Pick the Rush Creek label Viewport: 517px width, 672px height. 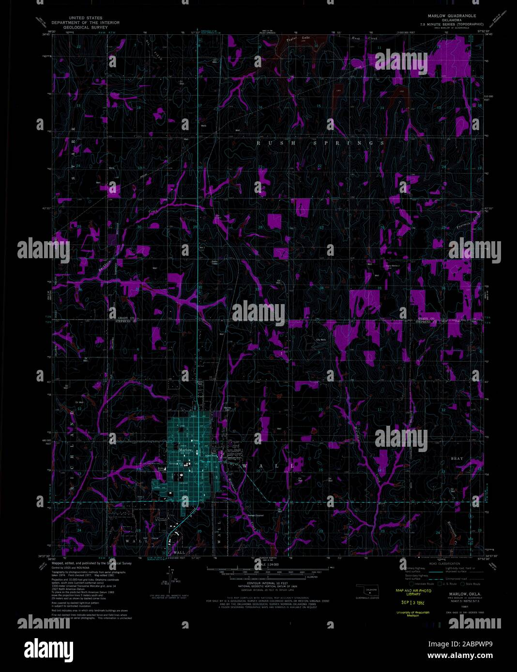pyautogui.click(x=360, y=38)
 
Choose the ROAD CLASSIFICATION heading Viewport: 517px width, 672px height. pyautogui.click(x=442, y=564)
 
